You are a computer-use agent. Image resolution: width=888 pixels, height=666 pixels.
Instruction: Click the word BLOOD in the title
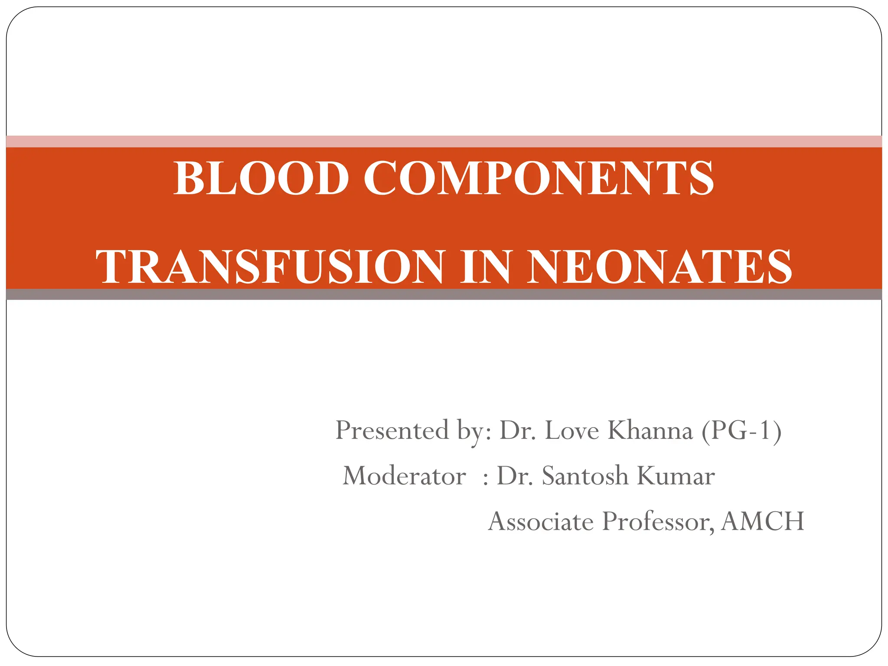(261, 178)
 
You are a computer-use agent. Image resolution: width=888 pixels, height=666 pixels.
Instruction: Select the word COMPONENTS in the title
(539, 178)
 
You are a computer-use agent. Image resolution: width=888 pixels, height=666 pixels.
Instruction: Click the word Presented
(392, 430)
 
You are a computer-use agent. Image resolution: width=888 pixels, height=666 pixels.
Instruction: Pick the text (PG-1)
(741, 430)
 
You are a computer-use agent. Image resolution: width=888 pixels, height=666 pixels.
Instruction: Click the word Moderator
(404, 476)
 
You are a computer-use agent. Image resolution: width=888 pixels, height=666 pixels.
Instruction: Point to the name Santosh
(585, 476)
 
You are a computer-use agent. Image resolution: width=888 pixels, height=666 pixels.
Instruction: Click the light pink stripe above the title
(444, 141)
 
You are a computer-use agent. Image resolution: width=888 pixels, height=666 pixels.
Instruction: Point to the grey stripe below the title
(444, 294)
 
